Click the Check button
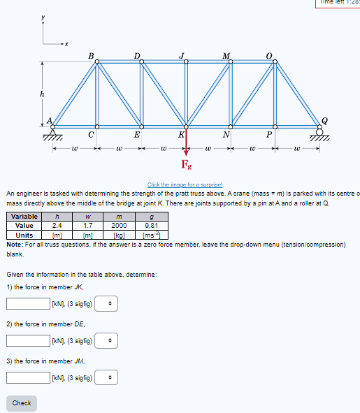click(x=22, y=403)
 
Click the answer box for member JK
click(x=28, y=303)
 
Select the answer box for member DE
click(x=28, y=340)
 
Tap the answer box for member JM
click(x=28, y=377)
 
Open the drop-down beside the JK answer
click(x=106, y=303)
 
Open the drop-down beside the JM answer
click(x=106, y=377)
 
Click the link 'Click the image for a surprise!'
click(x=180, y=183)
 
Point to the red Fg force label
click(x=186, y=165)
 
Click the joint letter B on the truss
click(x=90, y=55)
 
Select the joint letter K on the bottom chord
click(x=181, y=133)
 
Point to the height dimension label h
click(x=42, y=94)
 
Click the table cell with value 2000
click(x=120, y=226)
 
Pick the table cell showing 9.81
click(x=151, y=226)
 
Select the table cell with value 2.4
click(x=57, y=226)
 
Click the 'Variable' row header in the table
click(x=24, y=217)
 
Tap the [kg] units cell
click(x=120, y=235)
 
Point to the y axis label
click(x=42, y=16)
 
